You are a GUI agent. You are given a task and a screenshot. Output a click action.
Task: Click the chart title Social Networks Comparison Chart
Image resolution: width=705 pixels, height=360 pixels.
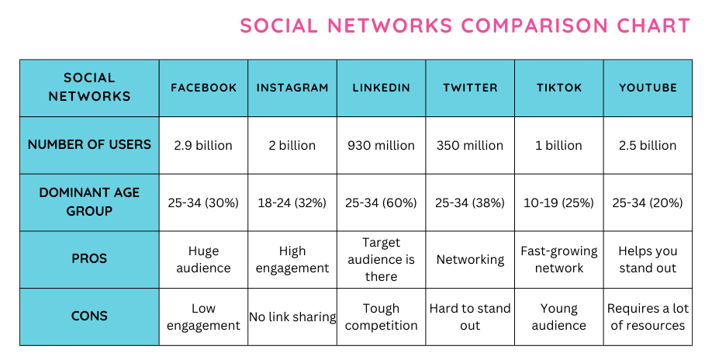coord(465,25)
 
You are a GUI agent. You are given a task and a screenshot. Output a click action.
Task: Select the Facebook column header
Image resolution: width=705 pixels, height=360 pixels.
coord(203,88)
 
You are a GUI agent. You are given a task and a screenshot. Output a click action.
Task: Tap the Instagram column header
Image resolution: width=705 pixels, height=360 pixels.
coord(292,88)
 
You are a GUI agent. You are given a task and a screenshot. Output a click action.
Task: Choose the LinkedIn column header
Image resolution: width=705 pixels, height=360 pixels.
coord(381,88)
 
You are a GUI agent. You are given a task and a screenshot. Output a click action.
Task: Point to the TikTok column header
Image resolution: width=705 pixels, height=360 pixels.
coord(558,88)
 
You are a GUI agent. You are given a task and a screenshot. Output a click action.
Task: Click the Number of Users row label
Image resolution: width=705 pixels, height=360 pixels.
coord(89,145)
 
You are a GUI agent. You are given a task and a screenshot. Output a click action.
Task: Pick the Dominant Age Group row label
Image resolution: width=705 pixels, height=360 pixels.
coord(89,202)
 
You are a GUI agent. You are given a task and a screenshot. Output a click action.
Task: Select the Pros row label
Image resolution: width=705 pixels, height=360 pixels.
coord(89,259)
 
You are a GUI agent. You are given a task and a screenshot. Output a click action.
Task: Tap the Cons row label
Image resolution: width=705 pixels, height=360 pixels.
coord(89,317)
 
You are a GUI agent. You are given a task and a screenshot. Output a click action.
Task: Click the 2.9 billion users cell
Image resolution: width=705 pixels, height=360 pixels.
coord(203,145)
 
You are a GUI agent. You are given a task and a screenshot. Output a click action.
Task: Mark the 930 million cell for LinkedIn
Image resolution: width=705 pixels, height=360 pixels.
coord(381,145)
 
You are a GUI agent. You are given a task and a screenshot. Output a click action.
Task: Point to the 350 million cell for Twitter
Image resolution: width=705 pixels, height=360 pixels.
coord(470,145)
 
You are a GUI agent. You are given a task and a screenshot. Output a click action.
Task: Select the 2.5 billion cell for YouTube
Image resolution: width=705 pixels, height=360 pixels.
coord(648,145)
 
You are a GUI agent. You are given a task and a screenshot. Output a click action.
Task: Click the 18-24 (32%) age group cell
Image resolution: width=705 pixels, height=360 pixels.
coord(292,202)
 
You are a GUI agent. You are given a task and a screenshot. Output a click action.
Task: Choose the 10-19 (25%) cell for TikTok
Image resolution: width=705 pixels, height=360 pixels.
coord(558,202)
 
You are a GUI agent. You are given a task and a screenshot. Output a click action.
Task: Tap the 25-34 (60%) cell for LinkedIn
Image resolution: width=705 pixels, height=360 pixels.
coord(381,202)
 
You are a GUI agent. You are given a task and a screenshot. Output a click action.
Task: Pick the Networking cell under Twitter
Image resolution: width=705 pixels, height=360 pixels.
coord(470,259)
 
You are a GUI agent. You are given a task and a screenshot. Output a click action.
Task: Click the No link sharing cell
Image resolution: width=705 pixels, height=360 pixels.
coord(292,317)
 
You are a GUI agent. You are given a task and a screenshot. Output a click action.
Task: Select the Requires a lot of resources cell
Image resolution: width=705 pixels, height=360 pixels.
coord(648,317)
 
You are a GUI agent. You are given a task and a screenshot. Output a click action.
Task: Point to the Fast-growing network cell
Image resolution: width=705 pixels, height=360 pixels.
coord(558,259)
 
